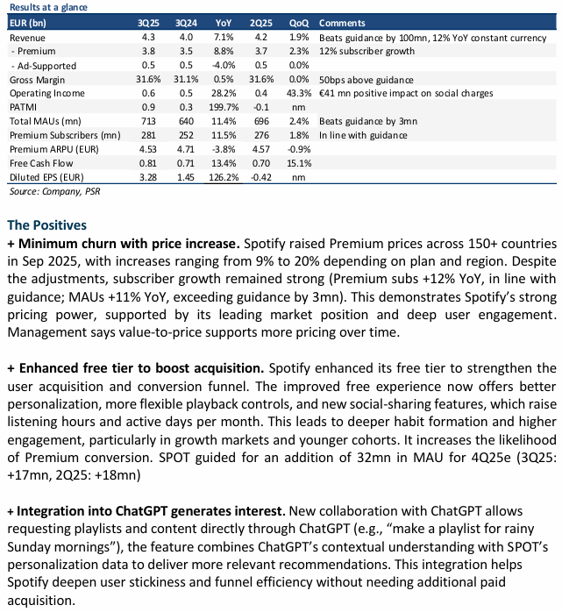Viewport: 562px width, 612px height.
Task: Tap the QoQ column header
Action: coord(298,22)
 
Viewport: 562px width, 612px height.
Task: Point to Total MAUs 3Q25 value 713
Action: coord(147,120)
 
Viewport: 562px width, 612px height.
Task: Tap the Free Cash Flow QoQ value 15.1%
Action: coord(298,162)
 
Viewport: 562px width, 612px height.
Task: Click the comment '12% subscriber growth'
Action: coord(365,51)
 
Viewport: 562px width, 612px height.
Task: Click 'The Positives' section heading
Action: coord(47,225)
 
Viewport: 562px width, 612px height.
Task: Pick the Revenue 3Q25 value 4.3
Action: coord(147,38)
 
